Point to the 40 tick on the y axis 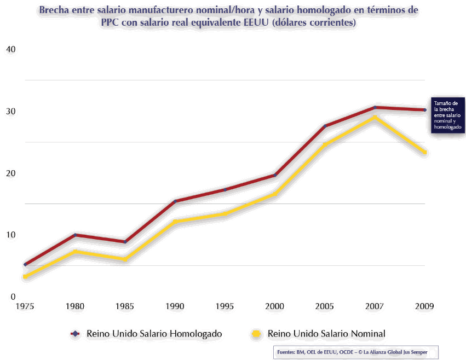click(10, 49)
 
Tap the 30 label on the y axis click(10, 111)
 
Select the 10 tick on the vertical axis click(10, 235)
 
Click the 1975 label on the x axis click(25, 307)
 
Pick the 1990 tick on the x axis click(175, 307)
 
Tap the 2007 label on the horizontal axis click(375, 307)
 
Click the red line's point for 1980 click(75, 235)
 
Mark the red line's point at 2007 click(375, 107)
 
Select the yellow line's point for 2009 click(424, 152)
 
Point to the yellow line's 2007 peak click(375, 117)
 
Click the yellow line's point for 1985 click(125, 259)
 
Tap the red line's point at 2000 click(274, 175)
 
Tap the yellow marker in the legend click(255, 333)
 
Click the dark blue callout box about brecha click(447, 115)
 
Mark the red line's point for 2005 click(325, 126)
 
